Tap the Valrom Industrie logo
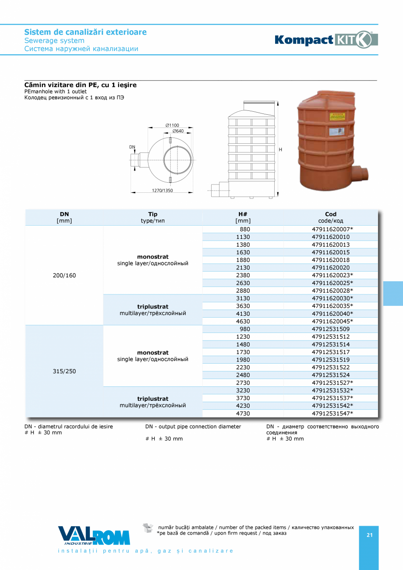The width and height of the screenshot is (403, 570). tap(94, 535)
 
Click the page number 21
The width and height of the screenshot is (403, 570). tap(369, 535)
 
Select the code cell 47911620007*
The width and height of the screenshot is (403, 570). tap(332, 230)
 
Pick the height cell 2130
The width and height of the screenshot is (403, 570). tap(243, 268)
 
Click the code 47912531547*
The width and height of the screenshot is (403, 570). tap(332, 414)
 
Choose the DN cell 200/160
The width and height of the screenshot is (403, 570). tap(64, 276)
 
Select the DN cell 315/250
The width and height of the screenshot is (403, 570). tap(64, 371)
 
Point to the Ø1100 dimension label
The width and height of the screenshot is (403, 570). tap(172, 125)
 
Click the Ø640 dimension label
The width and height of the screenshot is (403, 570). tap(177, 131)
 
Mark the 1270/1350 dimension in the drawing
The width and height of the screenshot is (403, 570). tap(162, 190)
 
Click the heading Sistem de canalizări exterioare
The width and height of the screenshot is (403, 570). tap(85, 32)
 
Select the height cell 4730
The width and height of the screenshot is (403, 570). tap(243, 414)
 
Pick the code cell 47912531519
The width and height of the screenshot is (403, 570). tap(330, 360)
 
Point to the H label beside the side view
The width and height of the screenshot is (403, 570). tap(280, 150)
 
